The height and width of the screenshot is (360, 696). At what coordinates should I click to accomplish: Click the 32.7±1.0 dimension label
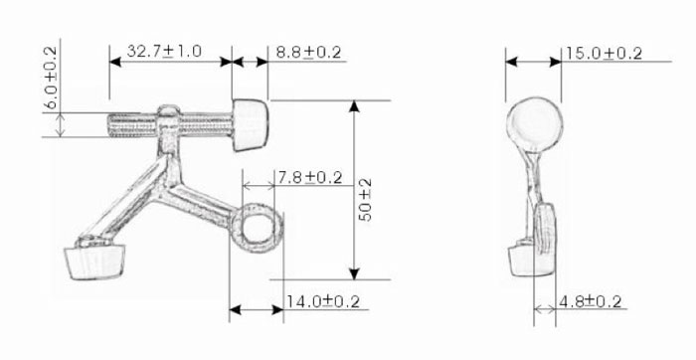[x=164, y=51]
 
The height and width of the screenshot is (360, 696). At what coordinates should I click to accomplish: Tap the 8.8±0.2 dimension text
[x=308, y=52]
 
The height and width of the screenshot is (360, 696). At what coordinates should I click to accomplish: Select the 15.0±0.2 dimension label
[x=604, y=54]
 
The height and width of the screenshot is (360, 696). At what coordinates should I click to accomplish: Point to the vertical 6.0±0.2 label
[x=51, y=78]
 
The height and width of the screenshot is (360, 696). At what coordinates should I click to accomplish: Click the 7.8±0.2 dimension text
[x=310, y=178]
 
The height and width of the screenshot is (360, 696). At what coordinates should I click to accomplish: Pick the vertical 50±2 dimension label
[x=365, y=200]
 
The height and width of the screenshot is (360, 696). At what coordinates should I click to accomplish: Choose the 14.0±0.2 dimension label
[x=322, y=302]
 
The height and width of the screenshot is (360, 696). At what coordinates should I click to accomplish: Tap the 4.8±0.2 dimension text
[x=590, y=302]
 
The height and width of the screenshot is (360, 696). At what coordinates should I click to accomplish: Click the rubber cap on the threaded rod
[x=250, y=125]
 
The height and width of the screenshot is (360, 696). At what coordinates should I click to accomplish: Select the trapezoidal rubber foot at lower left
[x=94, y=263]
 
